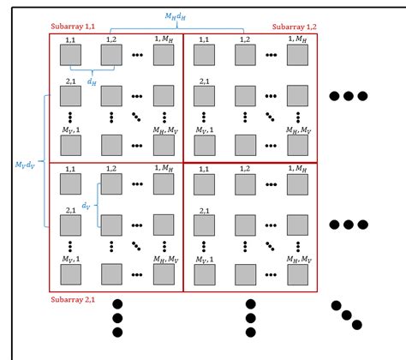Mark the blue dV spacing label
click(x=86, y=206)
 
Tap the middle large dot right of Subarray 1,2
click(x=349, y=96)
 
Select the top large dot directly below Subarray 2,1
click(x=118, y=303)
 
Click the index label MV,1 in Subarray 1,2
click(x=201, y=129)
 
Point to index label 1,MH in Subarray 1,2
click(x=297, y=39)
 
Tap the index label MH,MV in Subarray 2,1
click(x=166, y=258)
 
